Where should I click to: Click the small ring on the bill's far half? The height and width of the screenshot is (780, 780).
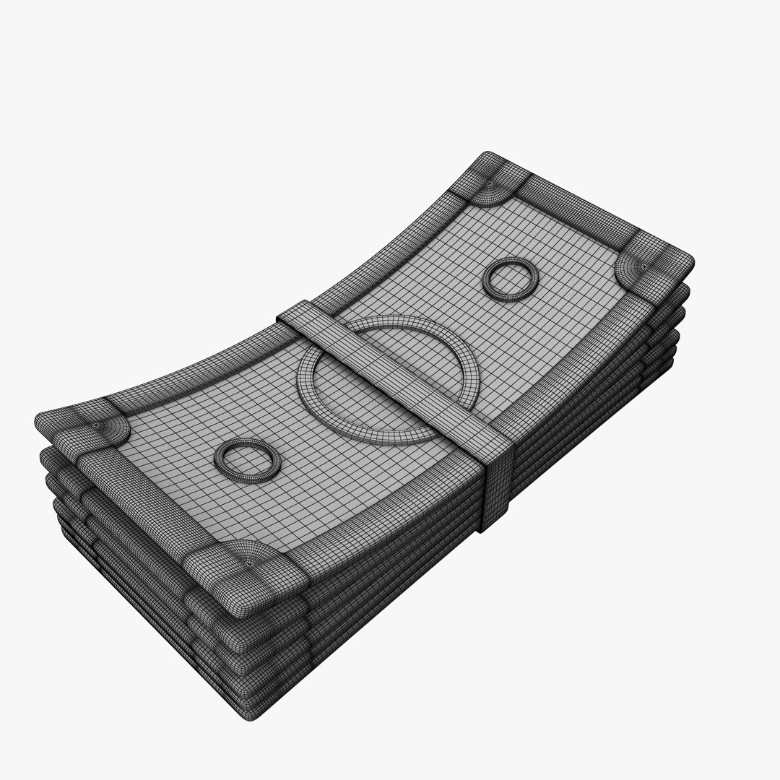coord(511,279)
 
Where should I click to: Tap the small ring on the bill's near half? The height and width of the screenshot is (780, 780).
coord(248,460)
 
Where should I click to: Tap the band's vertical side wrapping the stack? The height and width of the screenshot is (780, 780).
coord(495,491)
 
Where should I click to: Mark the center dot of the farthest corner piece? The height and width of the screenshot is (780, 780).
coord(491,186)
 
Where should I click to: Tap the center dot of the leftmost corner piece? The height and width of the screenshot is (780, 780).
coord(99,427)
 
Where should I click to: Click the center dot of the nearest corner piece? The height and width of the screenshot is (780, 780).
coord(249,559)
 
